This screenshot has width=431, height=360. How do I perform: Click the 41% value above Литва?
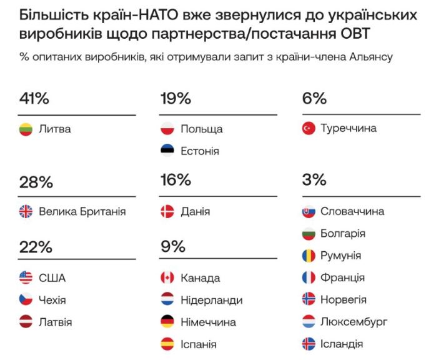(34, 99)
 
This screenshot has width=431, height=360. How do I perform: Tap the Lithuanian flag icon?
(26, 129)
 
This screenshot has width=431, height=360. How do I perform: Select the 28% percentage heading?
(36, 182)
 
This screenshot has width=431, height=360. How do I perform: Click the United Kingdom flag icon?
(26, 211)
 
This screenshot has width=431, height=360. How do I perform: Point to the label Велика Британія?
(82, 211)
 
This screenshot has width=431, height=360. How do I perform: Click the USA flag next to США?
(26, 278)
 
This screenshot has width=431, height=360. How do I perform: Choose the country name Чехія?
(52, 300)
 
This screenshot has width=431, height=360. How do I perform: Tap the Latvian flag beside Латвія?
(26, 322)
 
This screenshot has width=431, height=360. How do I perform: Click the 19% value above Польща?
(176, 99)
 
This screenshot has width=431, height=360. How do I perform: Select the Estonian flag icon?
(167, 151)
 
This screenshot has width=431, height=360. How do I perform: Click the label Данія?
(195, 211)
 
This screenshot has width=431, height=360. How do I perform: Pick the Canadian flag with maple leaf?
(167, 278)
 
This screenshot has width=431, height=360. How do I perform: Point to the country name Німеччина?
(208, 322)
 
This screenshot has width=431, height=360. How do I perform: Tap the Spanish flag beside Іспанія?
(167, 344)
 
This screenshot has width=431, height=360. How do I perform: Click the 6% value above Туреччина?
(314, 99)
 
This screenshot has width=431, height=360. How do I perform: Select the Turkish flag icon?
(308, 128)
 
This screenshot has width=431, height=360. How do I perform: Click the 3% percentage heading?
(314, 181)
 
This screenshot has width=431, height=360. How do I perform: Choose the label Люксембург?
(354, 322)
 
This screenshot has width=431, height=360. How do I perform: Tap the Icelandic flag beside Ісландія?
(308, 344)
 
